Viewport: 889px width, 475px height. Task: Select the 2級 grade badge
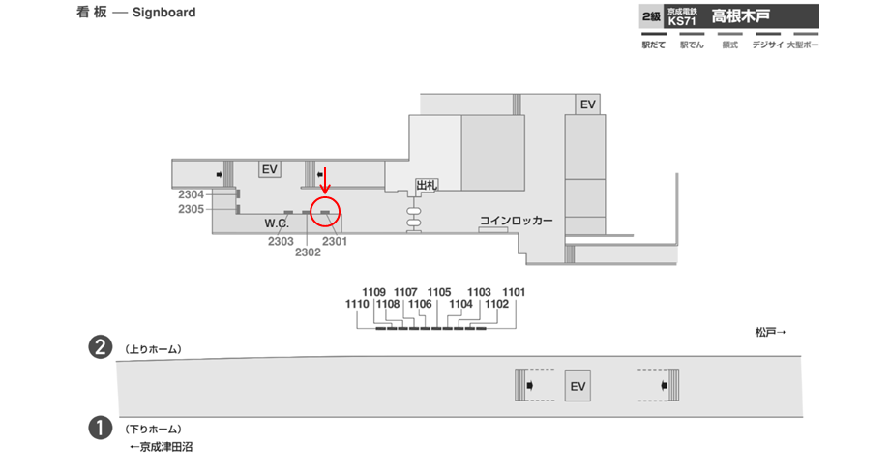651,16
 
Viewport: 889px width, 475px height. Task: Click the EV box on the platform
578,387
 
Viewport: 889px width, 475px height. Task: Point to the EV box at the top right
587,104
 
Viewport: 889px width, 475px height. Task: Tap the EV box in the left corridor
269,169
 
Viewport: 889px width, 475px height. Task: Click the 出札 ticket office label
427,185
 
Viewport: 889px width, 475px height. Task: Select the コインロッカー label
517,222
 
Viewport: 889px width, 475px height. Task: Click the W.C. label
278,223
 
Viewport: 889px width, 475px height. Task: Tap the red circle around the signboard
326,211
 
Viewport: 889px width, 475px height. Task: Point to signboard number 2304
191,195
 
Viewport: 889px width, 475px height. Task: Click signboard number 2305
191,209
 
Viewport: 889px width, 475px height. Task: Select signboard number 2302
308,252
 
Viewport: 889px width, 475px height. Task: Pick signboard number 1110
358,304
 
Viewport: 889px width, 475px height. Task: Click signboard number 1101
514,292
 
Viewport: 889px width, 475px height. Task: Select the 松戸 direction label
770,333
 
